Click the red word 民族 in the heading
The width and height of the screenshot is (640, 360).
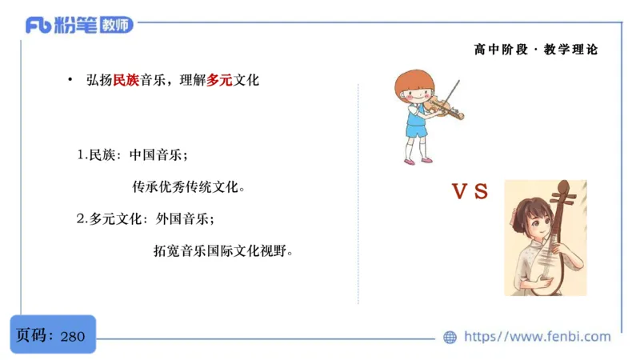pos(126,81)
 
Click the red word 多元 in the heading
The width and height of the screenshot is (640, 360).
pos(220,81)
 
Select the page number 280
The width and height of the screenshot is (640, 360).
pos(73,336)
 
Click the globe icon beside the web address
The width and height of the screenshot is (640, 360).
pos(450,337)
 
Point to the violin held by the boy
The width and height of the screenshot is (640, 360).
pos(444,106)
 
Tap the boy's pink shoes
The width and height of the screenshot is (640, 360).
pos(418,161)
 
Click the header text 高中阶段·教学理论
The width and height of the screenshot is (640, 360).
pos(535,50)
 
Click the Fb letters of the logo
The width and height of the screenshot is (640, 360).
pos(39,26)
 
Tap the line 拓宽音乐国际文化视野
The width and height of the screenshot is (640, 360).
pos(223,250)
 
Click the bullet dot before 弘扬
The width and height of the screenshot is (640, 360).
pos(70,80)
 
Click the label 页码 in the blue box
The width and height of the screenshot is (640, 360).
pos(34,336)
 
